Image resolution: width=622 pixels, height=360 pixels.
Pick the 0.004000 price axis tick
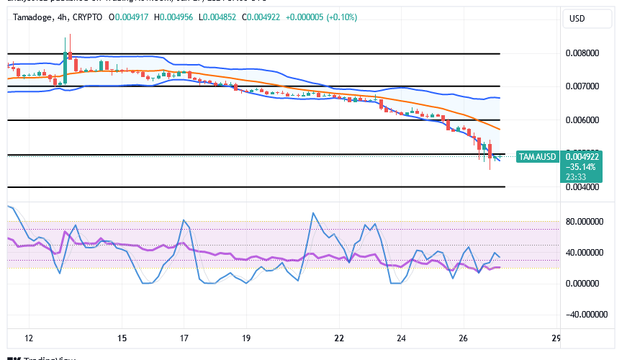(581, 187)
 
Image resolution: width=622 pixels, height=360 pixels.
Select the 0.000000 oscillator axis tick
(585, 284)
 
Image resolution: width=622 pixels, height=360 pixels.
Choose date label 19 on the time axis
(246, 338)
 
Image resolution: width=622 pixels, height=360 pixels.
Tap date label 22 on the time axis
(339, 338)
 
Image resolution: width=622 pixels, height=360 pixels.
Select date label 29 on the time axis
(555, 338)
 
